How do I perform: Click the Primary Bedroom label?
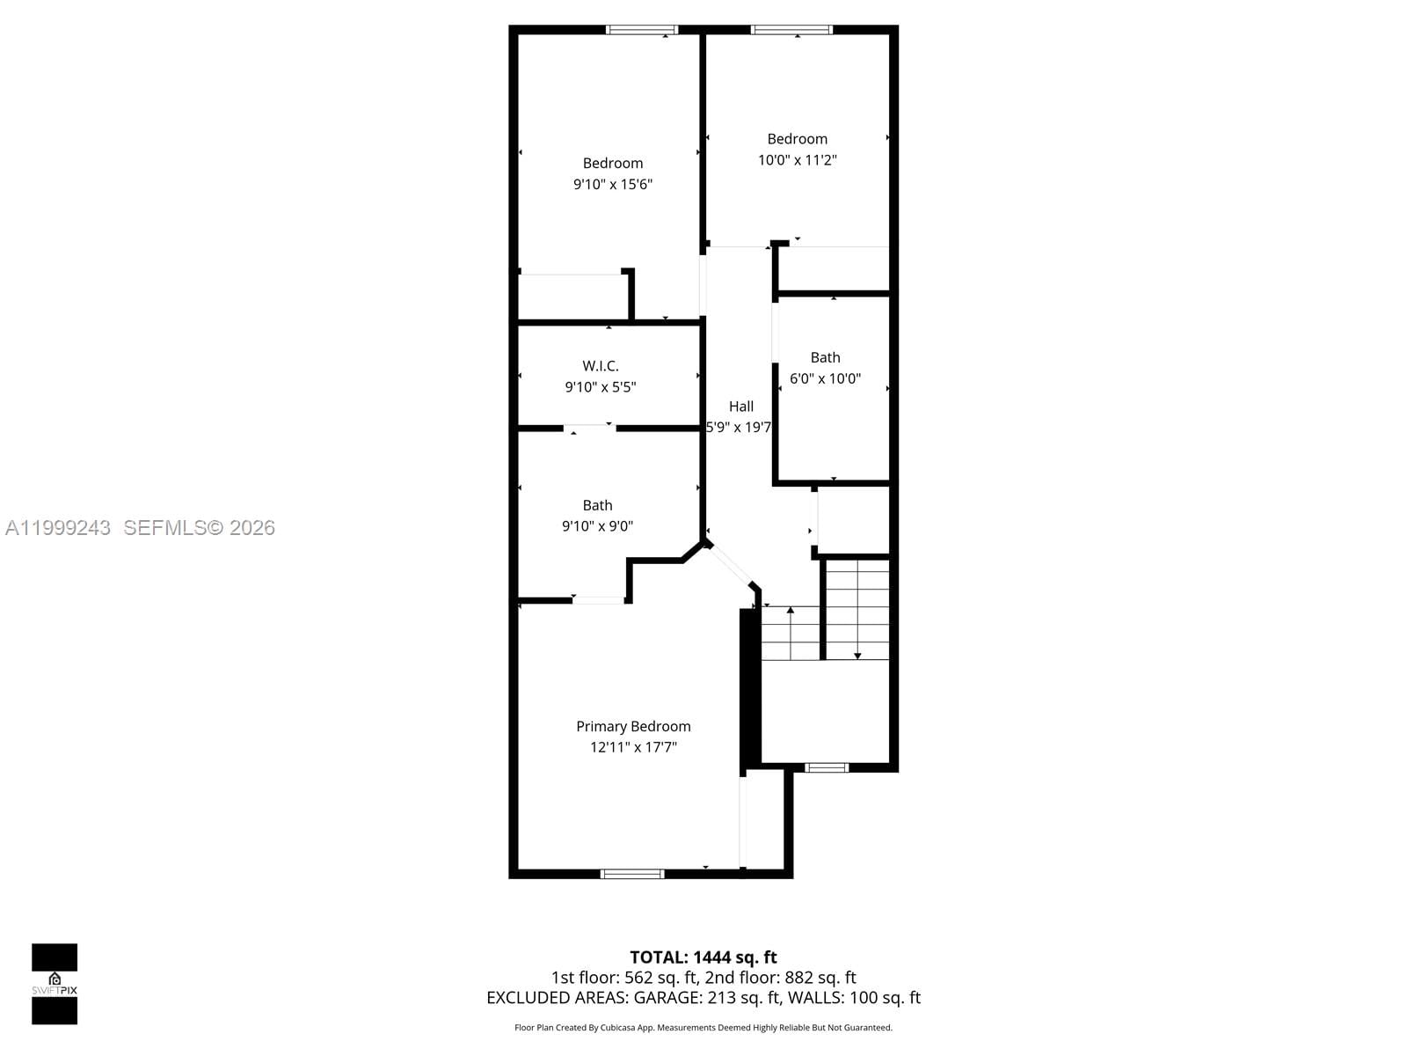point(633,726)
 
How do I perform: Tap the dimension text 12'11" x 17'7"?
point(633,747)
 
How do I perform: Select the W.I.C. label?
point(601,365)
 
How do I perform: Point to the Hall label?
point(741,407)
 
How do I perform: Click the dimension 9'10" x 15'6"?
point(613,184)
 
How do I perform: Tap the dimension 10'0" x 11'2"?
point(798,160)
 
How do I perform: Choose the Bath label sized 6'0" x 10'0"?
point(825,357)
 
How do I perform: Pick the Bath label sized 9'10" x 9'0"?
point(597,505)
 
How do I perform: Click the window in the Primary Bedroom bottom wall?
point(632,874)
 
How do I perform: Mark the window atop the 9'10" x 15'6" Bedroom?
point(642,30)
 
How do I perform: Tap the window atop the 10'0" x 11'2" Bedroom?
point(791,30)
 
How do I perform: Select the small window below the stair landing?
point(827,768)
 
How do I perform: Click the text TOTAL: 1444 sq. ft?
point(703,957)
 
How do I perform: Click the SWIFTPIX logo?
point(55,984)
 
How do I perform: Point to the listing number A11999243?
point(58,527)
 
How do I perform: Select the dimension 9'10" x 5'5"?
point(601,386)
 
